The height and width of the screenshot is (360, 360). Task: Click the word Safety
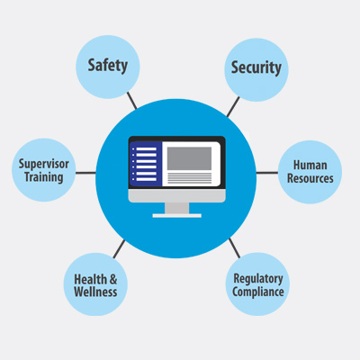(108, 66)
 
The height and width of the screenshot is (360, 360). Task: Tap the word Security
(256, 67)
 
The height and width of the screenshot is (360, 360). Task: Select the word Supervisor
(44, 164)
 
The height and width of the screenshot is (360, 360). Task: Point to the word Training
(44, 177)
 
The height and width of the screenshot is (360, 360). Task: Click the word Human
(310, 165)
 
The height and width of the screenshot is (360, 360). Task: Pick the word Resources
(310, 178)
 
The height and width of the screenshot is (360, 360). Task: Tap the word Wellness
(95, 292)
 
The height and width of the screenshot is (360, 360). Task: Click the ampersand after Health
(113, 279)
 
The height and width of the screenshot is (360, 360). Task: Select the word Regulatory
(258, 279)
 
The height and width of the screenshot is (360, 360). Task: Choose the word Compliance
(258, 292)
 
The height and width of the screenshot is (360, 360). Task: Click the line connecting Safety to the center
(131, 101)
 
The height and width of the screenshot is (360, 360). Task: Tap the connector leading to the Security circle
(233, 106)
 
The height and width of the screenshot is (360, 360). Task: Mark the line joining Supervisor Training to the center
(85, 173)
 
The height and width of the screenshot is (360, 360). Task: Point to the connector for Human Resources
(267, 173)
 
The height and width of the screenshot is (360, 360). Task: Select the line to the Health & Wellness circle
(119, 249)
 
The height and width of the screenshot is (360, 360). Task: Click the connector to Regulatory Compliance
(235, 248)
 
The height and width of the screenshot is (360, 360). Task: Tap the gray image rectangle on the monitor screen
(189, 158)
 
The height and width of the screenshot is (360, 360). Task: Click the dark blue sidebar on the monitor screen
(146, 164)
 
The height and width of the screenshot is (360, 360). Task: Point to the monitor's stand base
(177, 215)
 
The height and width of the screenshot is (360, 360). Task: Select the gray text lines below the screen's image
(189, 178)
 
